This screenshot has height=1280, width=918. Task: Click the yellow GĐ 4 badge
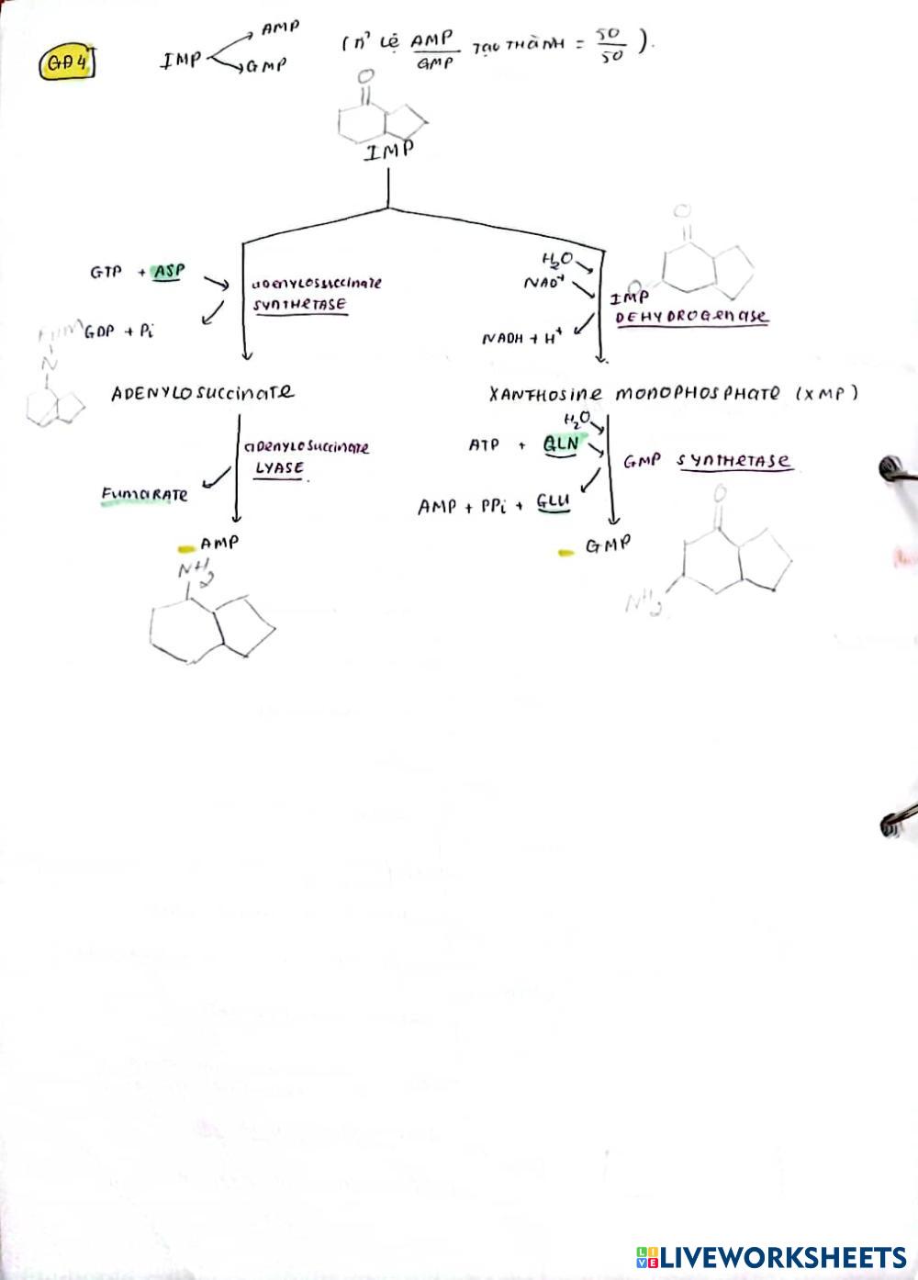[x=67, y=64]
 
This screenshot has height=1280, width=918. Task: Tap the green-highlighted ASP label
[x=168, y=272]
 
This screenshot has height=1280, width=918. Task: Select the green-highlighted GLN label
[x=561, y=444]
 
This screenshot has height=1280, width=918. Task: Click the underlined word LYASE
[x=279, y=467]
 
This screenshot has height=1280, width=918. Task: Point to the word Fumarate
[x=144, y=495]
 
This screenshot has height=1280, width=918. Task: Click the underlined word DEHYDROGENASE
[x=691, y=316]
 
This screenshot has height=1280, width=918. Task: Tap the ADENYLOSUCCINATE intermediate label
[x=203, y=393]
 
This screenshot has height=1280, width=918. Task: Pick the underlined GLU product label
[x=554, y=502]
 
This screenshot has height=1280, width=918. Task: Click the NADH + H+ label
[x=521, y=338]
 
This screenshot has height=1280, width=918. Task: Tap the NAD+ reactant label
[x=543, y=282]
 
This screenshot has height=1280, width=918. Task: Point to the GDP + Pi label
[x=118, y=331]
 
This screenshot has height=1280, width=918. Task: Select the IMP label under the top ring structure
[x=388, y=151]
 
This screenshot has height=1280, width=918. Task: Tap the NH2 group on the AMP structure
[x=196, y=573]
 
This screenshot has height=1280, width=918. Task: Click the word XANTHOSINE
[x=546, y=394]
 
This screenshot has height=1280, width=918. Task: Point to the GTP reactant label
[x=106, y=272]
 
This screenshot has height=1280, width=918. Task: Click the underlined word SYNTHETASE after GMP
[x=734, y=460]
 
